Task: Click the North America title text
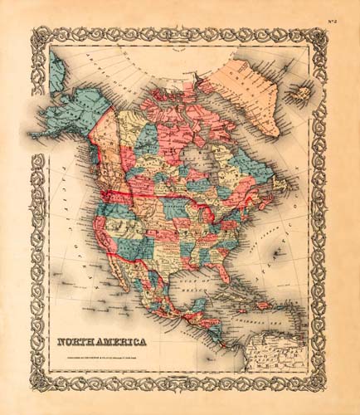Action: [102, 341]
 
